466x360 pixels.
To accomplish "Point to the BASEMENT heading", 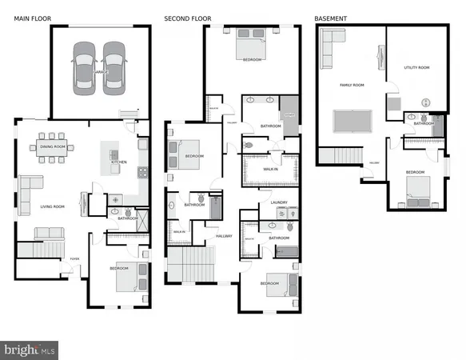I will click(330, 18).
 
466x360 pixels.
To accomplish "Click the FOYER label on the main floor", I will click(74, 259).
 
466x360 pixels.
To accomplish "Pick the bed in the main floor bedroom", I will click(128, 275).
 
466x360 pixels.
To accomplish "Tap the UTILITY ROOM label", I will click(416, 68).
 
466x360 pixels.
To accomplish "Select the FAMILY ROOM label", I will click(352, 84).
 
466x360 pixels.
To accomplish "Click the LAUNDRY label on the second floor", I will click(279, 203).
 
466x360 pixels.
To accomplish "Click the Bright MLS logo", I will click(30, 350).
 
